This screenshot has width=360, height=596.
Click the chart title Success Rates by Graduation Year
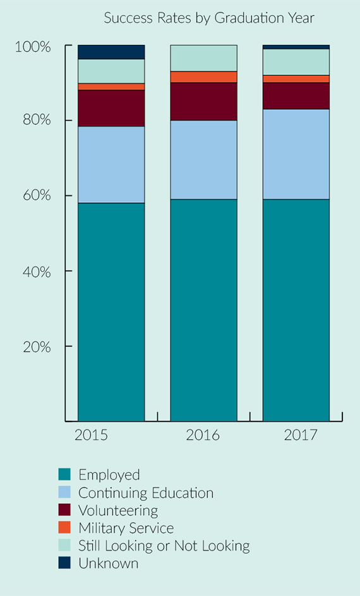[209, 18]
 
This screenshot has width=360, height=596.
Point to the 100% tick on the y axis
[33, 47]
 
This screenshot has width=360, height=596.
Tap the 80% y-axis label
[33, 120]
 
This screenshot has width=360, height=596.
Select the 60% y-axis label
[33, 195]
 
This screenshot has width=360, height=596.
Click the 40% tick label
[33, 271]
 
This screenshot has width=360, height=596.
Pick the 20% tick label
[33, 346]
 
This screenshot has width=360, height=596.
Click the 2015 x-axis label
[92, 435]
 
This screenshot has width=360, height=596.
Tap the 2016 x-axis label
[203, 435]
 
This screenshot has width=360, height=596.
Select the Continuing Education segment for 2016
[203, 160]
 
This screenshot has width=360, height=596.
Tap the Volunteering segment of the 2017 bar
[296, 95]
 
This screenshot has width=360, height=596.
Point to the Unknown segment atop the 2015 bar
[111, 52]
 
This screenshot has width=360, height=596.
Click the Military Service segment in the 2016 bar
[203, 77]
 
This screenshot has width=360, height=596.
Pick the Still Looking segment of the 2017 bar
[296, 61]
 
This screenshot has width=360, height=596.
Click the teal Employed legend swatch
[64, 475]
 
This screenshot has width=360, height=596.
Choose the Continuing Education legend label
[146, 493]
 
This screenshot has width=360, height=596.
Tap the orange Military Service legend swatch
[64, 528]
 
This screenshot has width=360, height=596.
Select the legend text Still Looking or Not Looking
[164, 545]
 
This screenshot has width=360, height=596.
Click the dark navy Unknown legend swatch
[64, 563]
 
